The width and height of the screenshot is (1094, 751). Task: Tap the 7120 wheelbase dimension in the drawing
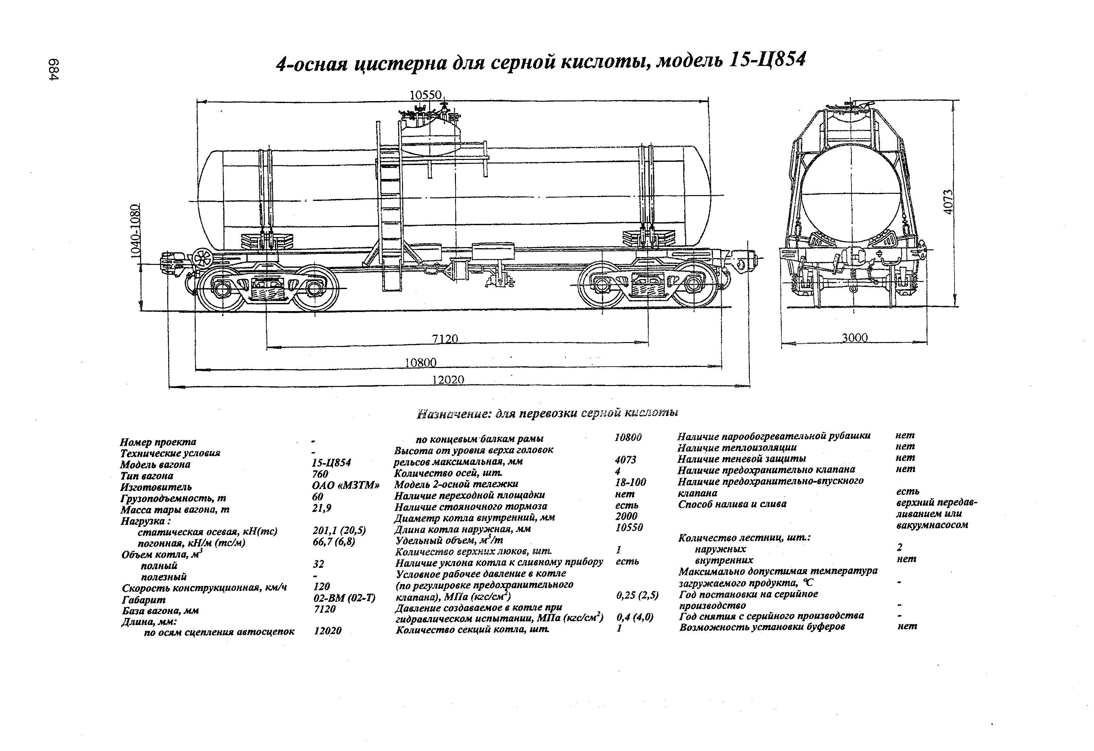coord(445,339)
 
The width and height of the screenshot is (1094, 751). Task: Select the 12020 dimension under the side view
coord(448,380)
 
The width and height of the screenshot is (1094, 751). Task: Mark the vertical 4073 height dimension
coord(948,202)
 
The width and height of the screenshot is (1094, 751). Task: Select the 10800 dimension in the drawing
coord(420,362)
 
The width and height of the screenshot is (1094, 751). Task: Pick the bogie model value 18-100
coord(630,482)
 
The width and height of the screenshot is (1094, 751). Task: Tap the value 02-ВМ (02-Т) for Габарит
coord(344,598)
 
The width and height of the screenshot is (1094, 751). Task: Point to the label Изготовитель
coord(156,487)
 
